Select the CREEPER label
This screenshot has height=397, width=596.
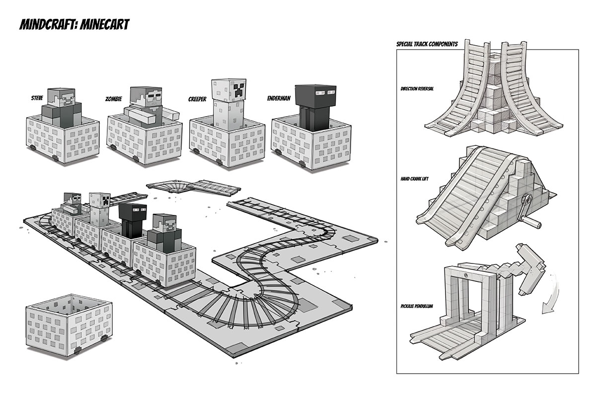pyautogui.click(x=197, y=99)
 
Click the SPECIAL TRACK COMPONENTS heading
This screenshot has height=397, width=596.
pyautogui.click(x=427, y=44)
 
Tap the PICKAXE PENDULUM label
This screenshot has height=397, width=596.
pyautogui.click(x=420, y=306)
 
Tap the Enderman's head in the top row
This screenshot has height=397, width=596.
pyautogui.click(x=310, y=95)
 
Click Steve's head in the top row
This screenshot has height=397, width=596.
pyautogui.click(x=65, y=98)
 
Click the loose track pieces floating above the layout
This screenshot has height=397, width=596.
pyautogui.click(x=194, y=187)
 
